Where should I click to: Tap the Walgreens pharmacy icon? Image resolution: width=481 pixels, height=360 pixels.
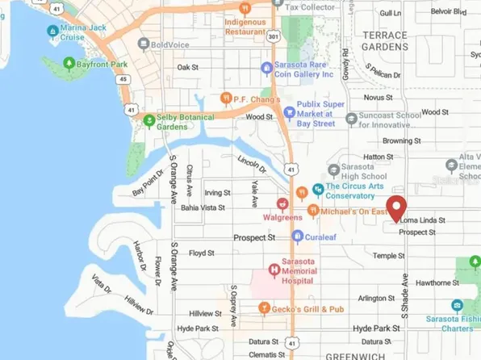[282, 204]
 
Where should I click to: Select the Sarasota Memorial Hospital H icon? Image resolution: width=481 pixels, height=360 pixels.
[274, 269]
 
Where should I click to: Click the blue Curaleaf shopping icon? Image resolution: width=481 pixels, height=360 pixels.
[297, 237]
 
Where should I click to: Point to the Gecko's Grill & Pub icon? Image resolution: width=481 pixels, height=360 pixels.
[263, 308]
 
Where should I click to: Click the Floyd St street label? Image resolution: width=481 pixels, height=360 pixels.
[200, 253]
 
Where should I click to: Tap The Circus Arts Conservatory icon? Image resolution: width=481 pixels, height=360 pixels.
[320, 190]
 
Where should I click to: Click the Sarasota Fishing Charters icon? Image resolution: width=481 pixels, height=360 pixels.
[457, 306]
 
